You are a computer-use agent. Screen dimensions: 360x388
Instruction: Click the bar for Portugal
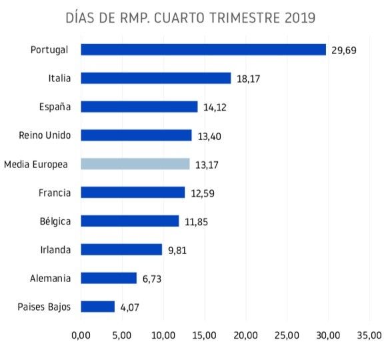click(203, 50)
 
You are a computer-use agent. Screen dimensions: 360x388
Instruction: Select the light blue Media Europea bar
click(135, 164)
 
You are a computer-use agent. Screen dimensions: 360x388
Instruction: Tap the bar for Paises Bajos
click(98, 307)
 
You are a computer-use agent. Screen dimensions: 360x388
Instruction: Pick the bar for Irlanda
click(121, 249)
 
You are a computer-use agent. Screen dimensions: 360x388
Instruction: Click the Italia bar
click(156, 78)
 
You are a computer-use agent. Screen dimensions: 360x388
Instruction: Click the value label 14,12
click(216, 107)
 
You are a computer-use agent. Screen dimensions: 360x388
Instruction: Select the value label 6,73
click(152, 279)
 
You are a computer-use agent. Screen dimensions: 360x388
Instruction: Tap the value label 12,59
click(203, 193)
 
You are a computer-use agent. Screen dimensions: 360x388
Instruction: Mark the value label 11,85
click(197, 222)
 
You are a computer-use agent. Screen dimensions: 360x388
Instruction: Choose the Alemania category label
click(50, 278)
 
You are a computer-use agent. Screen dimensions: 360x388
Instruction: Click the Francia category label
click(55, 193)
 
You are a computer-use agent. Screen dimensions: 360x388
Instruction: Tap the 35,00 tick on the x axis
click(370, 335)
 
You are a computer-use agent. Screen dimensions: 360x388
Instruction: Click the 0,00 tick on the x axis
click(81, 335)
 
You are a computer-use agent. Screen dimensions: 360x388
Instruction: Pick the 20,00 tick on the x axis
click(246, 335)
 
